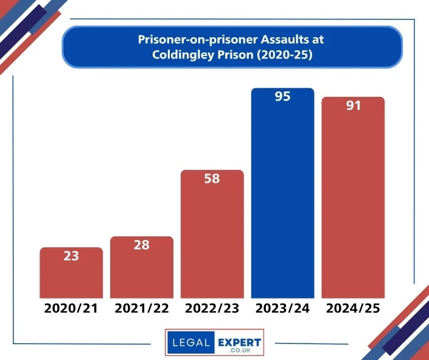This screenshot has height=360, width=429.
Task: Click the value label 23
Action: tap(71, 256)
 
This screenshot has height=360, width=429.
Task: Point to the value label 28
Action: tap(142, 245)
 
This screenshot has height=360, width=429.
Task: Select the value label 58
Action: tap(212, 179)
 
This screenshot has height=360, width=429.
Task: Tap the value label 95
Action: tap(283, 96)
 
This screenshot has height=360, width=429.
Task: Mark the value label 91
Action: tap(354, 105)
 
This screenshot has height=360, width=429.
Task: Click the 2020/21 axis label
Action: tap(71, 308)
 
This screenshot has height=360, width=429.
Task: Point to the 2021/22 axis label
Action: tap(142, 308)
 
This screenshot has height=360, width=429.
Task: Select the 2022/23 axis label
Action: tap(212, 308)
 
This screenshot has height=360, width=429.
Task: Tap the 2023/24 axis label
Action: tap(283, 308)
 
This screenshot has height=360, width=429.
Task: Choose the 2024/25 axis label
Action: tap(354, 308)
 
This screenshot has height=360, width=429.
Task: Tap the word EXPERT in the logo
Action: tap(239, 342)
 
